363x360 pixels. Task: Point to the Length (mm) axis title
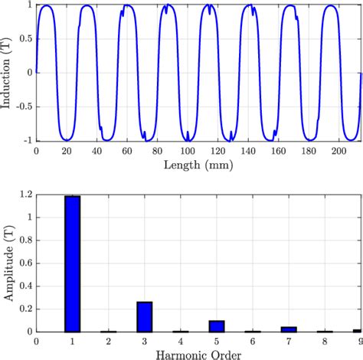(198, 162)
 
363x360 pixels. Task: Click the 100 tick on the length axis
(188, 151)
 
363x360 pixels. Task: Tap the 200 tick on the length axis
(338, 151)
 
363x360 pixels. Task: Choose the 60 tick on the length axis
(127, 151)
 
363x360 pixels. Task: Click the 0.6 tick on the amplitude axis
(26, 263)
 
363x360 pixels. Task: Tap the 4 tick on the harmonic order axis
(181, 342)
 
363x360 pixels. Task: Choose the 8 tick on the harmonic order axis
(325, 342)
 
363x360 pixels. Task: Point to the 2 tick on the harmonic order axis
(109, 342)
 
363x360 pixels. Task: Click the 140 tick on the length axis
(247, 151)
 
